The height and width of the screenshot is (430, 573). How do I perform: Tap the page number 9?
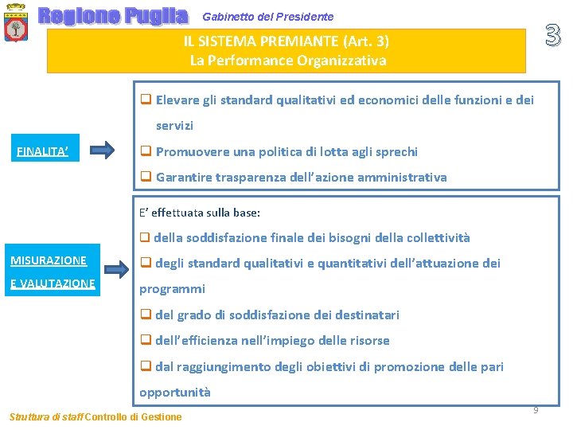[x=536, y=409]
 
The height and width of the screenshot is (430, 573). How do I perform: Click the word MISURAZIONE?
[x=49, y=260]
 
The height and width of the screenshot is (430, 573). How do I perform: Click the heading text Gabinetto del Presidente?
[x=268, y=17]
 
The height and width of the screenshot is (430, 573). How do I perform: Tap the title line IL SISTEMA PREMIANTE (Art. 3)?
[x=287, y=41]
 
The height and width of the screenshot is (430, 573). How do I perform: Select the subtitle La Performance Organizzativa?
[x=288, y=61]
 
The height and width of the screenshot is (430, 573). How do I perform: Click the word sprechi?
[x=395, y=151]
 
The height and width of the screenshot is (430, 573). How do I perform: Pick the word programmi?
[x=173, y=288]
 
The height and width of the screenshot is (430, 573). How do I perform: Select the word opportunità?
[x=175, y=392]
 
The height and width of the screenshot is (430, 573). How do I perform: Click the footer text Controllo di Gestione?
[x=133, y=416]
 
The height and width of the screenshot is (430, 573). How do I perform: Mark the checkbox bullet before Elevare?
[x=146, y=100]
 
